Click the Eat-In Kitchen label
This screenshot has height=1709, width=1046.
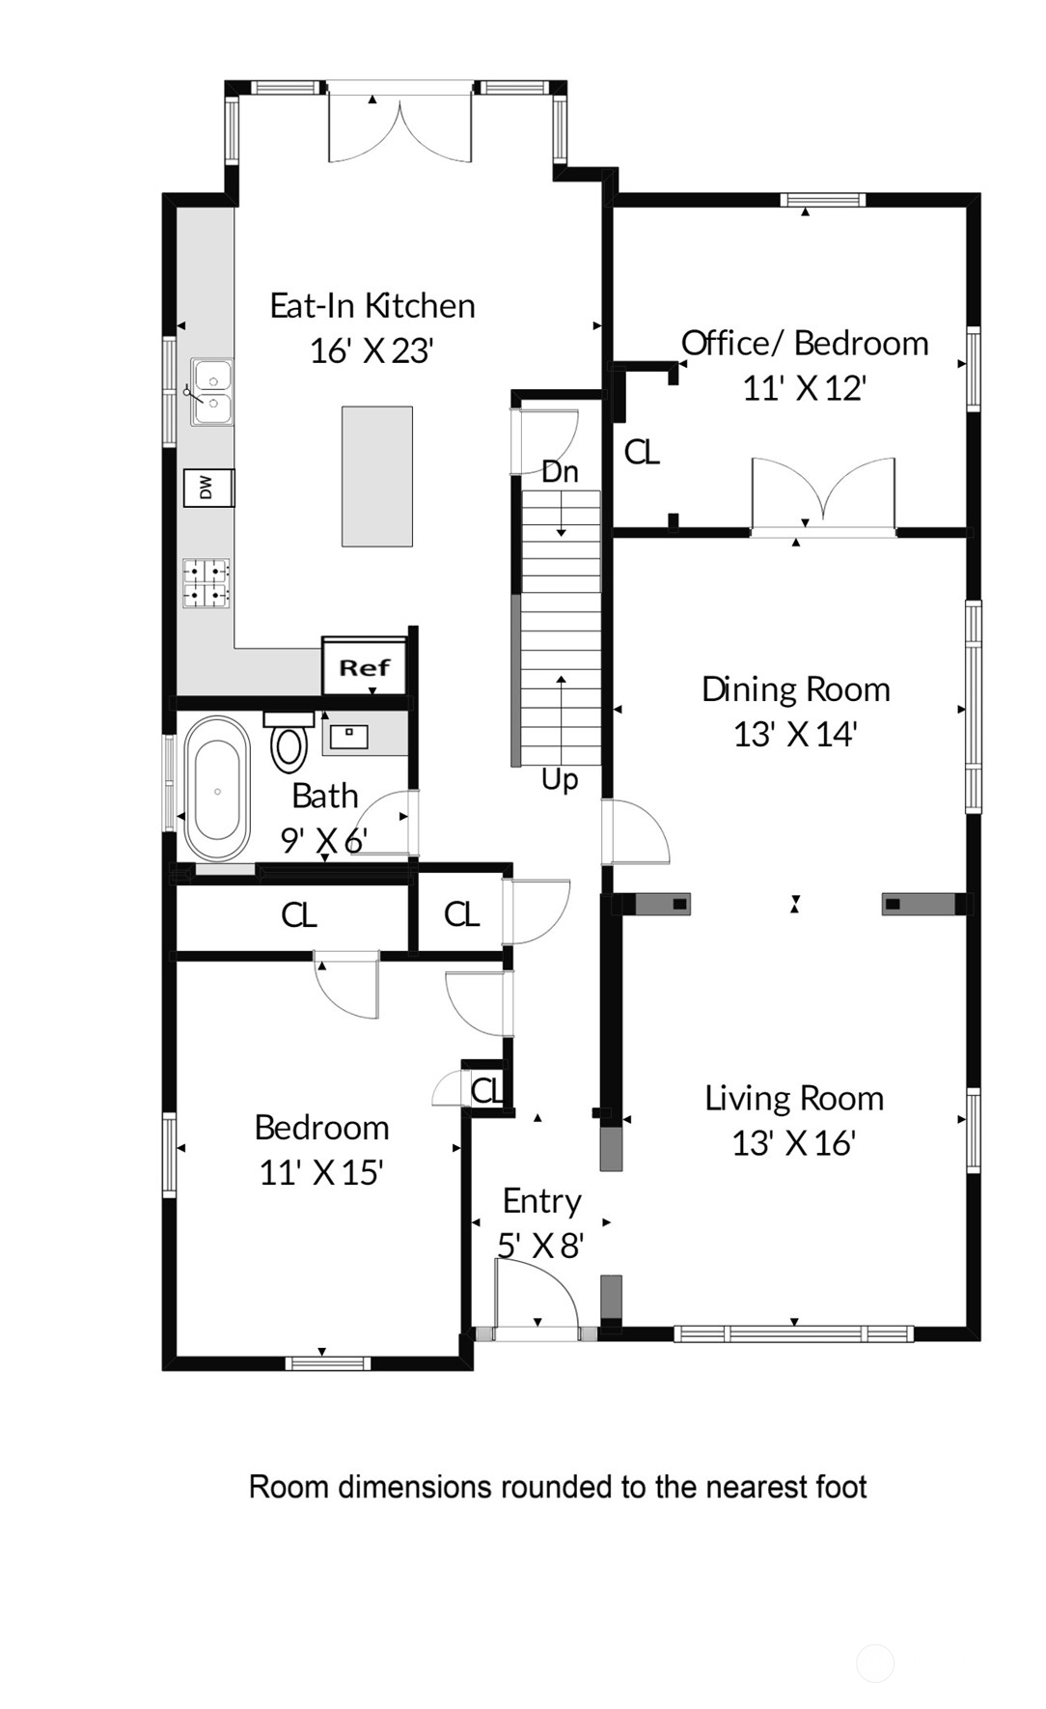tap(372, 306)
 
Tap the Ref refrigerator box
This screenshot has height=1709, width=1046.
tap(364, 667)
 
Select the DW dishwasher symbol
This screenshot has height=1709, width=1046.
tap(208, 488)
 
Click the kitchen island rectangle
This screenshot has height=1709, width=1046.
tap(377, 476)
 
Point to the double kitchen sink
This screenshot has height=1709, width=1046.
tap(211, 391)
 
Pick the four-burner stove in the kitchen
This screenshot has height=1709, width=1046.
tap(206, 583)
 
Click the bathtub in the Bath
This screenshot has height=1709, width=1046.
tap(217, 789)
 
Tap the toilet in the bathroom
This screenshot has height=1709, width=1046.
tap(289, 742)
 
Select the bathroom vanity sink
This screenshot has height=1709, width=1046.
tap(348, 737)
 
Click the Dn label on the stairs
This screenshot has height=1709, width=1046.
tap(561, 472)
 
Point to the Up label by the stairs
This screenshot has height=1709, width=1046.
tap(560, 779)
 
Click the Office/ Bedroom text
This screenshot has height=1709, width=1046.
tap(805, 343)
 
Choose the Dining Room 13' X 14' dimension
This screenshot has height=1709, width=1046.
tap(795, 735)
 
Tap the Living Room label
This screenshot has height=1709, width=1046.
tap(794, 1098)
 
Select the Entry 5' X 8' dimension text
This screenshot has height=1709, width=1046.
tap(541, 1246)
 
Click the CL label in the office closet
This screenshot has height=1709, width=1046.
tap(642, 452)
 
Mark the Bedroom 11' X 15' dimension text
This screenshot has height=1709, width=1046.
tap(321, 1172)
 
